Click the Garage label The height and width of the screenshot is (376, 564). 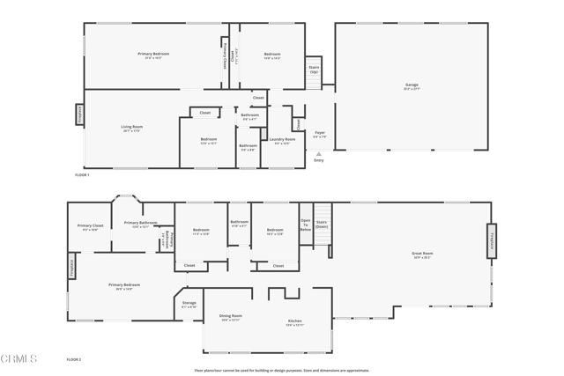[412, 86]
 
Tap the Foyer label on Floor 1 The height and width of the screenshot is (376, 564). [320, 134]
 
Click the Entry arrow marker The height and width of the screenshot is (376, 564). [319, 155]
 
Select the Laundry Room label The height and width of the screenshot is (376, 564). [283, 140]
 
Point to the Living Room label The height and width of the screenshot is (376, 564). [131, 129]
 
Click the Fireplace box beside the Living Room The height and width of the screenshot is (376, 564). [78, 114]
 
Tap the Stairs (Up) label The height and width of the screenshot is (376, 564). [314, 69]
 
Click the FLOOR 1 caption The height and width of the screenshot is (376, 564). [82, 175]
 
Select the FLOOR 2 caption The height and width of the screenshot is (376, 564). [74, 359]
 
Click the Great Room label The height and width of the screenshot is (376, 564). [422, 254]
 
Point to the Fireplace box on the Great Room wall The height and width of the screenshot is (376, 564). [492, 240]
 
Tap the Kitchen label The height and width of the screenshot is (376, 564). [295, 322]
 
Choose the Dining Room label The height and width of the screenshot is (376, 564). [231, 317]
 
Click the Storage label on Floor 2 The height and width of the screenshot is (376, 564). [189, 304]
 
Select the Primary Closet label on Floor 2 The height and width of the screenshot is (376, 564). [90, 227]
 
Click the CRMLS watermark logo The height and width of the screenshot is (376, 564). [19, 359]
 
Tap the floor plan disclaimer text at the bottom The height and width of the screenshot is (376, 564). [282, 370]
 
